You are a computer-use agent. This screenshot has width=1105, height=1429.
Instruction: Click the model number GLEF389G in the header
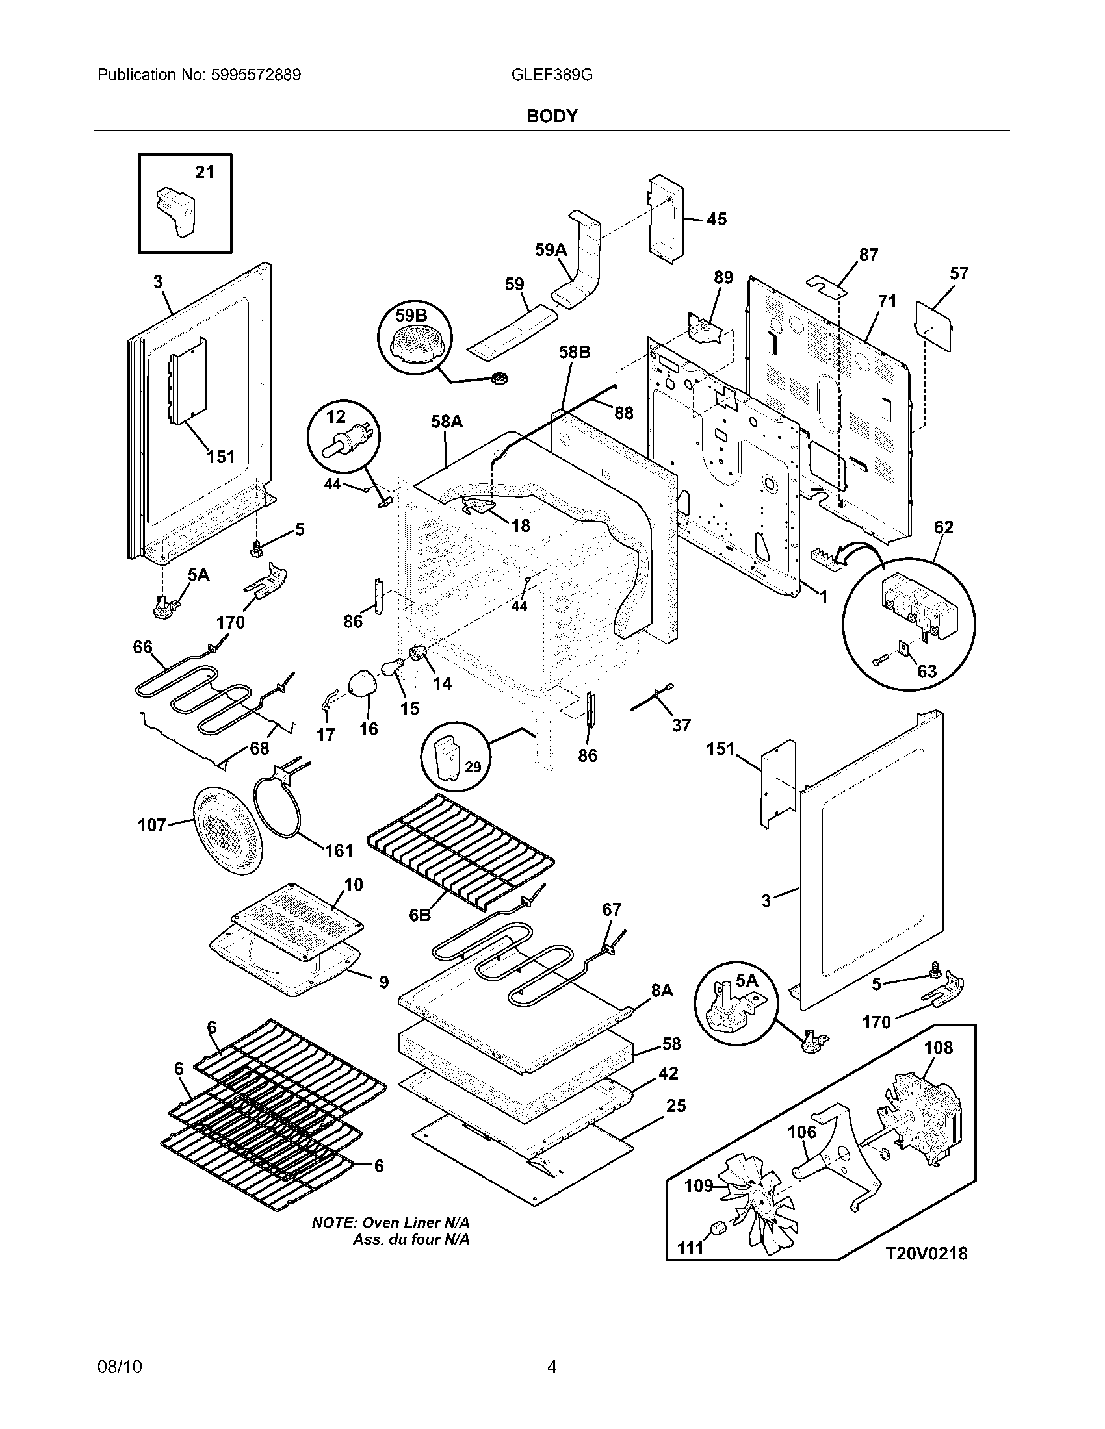pyautogui.click(x=551, y=75)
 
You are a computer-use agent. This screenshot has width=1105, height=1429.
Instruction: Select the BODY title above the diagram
pyautogui.click(x=552, y=116)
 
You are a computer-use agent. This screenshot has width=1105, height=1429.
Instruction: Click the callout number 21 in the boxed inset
pyautogui.click(x=205, y=172)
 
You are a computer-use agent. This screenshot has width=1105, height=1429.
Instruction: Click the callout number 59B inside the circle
pyautogui.click(x=411, y=316)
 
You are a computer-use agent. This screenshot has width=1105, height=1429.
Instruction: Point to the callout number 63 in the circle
pyautogui.click(x=927, y=672)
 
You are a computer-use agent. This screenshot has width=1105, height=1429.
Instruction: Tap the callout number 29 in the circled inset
pyautogui.click(x=473, y=767)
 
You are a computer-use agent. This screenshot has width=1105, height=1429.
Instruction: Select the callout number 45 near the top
pyautogui.click(x=716, y=219)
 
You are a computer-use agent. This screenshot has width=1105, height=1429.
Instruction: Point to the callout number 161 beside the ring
pyautogui.click(x=339, y=851)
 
